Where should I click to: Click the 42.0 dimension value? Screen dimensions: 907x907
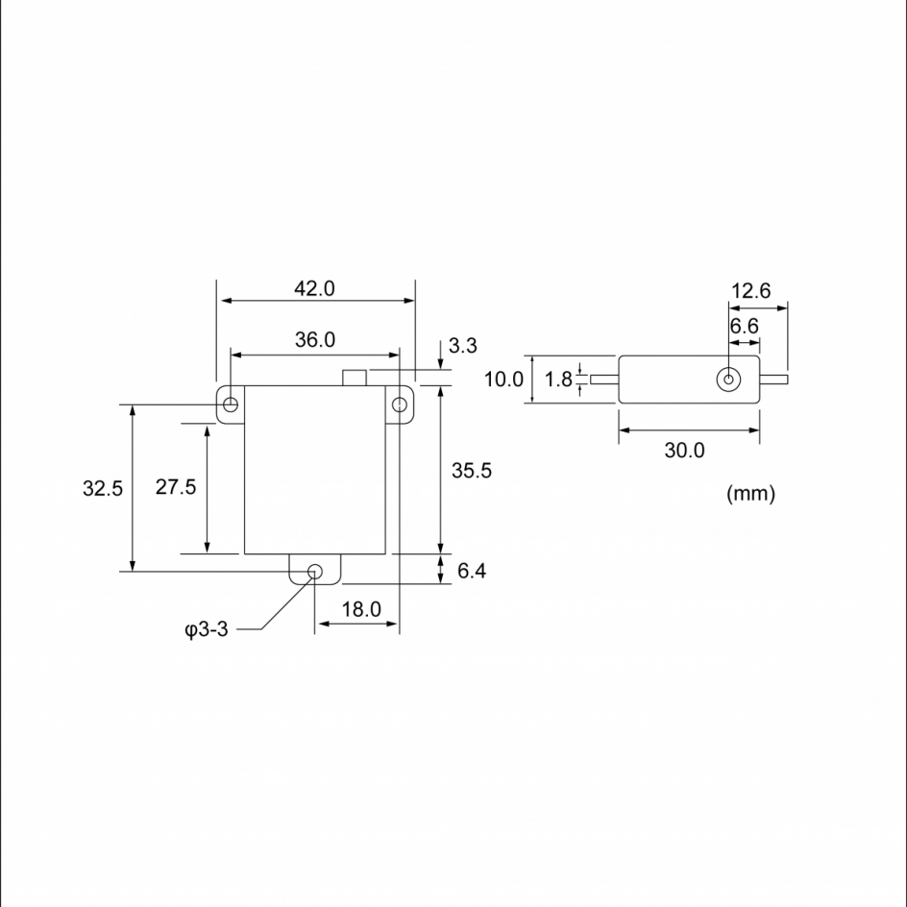click(x=314, y=288)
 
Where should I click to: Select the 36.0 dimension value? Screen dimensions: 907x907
click(x=315, y=339)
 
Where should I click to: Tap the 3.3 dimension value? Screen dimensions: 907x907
click(x=463, y=345)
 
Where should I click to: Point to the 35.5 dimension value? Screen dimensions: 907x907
click(x=472, y=470)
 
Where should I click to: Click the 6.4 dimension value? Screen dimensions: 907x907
click(x=472, y=571)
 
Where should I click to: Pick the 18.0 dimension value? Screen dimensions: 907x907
click(x=361, y=609)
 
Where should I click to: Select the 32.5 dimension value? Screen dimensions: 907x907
click(x=103, y=488)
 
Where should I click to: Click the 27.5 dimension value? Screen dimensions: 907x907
click(x=176, y=487)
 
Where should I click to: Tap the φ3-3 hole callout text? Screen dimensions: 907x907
click(x=207, y=628)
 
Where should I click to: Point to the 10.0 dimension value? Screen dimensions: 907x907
click(x=503, y=380)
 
